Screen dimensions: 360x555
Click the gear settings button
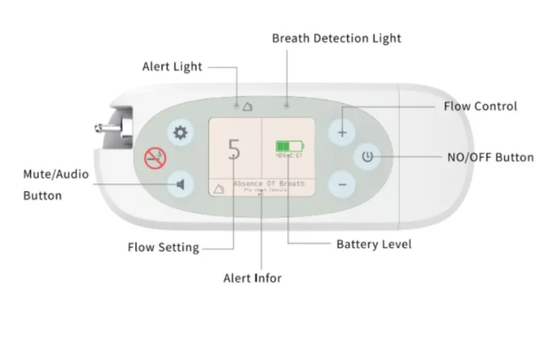click(x=180, y=132)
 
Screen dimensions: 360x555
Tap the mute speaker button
click(x=180, y=184)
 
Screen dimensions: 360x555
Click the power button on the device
click(x=367, y=158)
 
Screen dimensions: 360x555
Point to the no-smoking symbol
click(x=155, y=158)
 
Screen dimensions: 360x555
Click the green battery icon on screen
click(x=290, y=146)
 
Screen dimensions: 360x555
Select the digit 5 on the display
click(x=235, y=149)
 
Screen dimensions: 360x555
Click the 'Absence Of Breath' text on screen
click(x=269, y=183)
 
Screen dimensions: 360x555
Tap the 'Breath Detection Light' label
click(x=336, y=38)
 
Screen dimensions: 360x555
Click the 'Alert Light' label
click(x=172, y=67)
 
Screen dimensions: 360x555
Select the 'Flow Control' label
click(x=480, y=106)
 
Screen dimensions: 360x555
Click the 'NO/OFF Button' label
click(x=490, y=157)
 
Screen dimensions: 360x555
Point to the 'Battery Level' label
click(x=374, y=244)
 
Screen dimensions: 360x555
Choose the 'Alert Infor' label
click(x=252, y=278)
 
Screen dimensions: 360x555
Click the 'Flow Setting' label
click(x=163, y=247)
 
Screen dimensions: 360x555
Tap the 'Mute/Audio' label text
click(x=56, y=174)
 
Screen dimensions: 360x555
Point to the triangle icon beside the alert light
click(x=248, y=106)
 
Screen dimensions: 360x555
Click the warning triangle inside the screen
click(x=219, y=188)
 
